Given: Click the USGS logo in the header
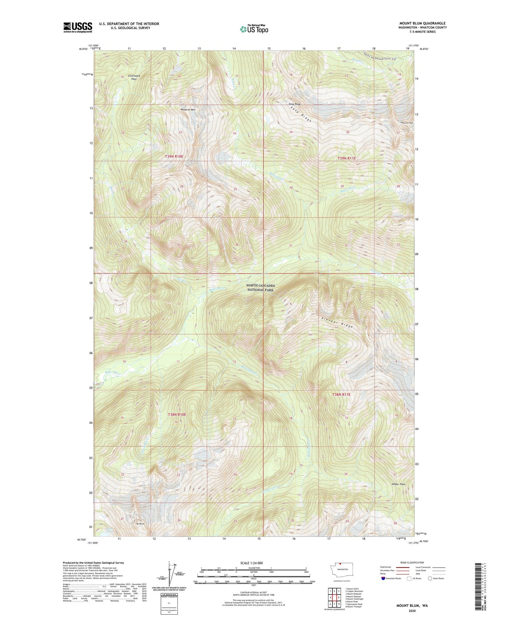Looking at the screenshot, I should tap(78, 27).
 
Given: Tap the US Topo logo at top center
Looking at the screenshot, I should tap(254, 29).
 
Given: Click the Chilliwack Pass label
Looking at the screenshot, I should tap(134, 77).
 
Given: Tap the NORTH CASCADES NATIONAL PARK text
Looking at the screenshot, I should tap(261, 288).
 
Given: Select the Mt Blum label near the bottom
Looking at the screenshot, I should tap(141, 524).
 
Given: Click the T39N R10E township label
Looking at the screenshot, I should tap(174, 156).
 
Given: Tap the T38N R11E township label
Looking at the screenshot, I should tap(341, 394).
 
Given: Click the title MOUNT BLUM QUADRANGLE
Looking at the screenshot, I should tap(422, 23).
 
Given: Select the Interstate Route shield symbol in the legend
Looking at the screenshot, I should tap(383, 578).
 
